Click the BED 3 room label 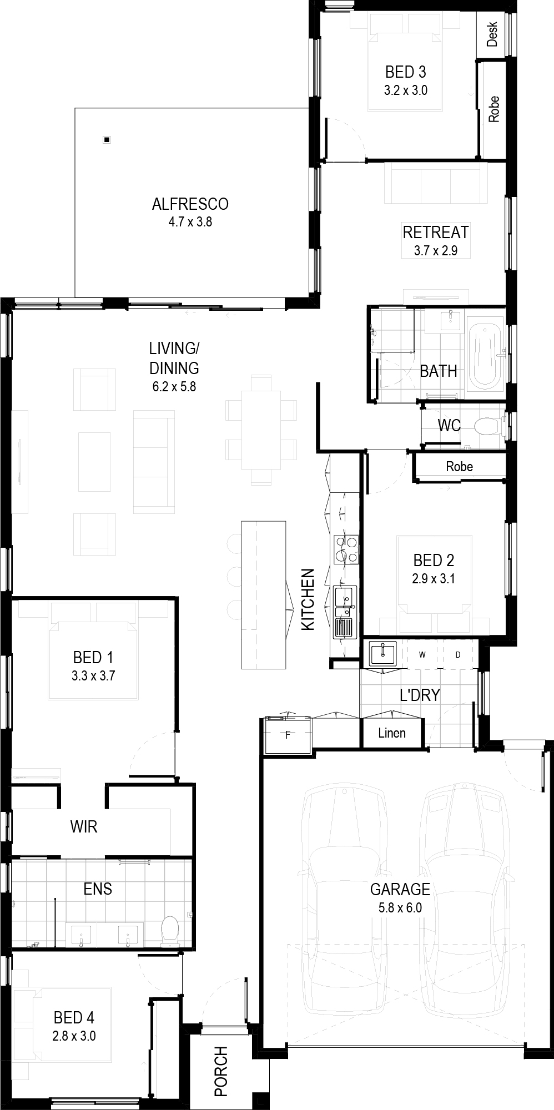(406, 72)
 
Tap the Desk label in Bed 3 (492, 34)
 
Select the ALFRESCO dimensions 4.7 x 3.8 (190, 223)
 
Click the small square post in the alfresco (107, 140)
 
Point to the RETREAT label (436, 232)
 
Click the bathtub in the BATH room (486, 356)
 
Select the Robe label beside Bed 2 (460, 466)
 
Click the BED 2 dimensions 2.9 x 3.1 (434, 579)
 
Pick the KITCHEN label (308, 599)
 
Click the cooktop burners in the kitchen (345, 549)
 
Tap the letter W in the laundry (422, 655)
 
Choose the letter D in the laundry (458, 655)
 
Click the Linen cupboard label (392, 733)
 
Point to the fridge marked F (288, 735)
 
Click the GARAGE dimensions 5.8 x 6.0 (400, 909)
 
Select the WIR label (84, 827)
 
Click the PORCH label (221, 1063)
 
